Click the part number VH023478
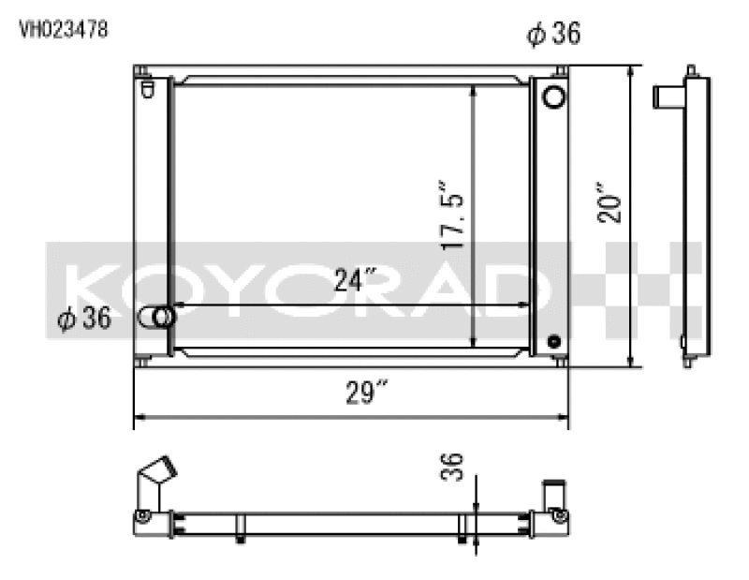pos(64,29)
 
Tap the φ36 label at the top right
pos(553,35)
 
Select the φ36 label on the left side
pos(84,319)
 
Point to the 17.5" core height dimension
pos(454,216)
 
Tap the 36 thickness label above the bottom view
pos(452,467)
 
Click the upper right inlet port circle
pos(553,97)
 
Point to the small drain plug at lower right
pos(554,341)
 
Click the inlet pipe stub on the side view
pos(668,95)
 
